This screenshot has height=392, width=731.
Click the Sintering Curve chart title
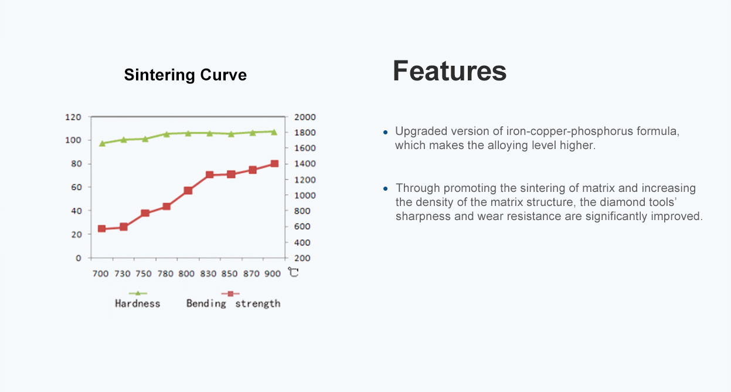[185, 75]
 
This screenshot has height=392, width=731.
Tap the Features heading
[450, 71]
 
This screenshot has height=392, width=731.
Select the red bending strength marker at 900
[274, 164]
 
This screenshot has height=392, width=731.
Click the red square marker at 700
[102, 229]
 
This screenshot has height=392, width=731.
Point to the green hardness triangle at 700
[102, 143]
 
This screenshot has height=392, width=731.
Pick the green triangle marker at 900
[274, 132]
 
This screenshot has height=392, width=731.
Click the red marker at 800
[188, 191]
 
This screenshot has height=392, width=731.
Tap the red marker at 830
[209, 175]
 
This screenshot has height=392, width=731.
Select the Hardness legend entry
[138, 299]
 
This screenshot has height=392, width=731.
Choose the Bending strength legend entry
[233, 299]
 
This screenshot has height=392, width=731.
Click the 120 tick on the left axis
[73, 117]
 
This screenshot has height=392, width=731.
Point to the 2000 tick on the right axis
[305, 117]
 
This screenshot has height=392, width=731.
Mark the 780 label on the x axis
[165, 273]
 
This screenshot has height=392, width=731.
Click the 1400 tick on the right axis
[305, 164]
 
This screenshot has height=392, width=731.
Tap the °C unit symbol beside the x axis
[293, 272]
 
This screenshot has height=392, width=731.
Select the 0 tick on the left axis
[79, 258]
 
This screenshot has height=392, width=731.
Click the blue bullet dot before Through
[385, 188]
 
